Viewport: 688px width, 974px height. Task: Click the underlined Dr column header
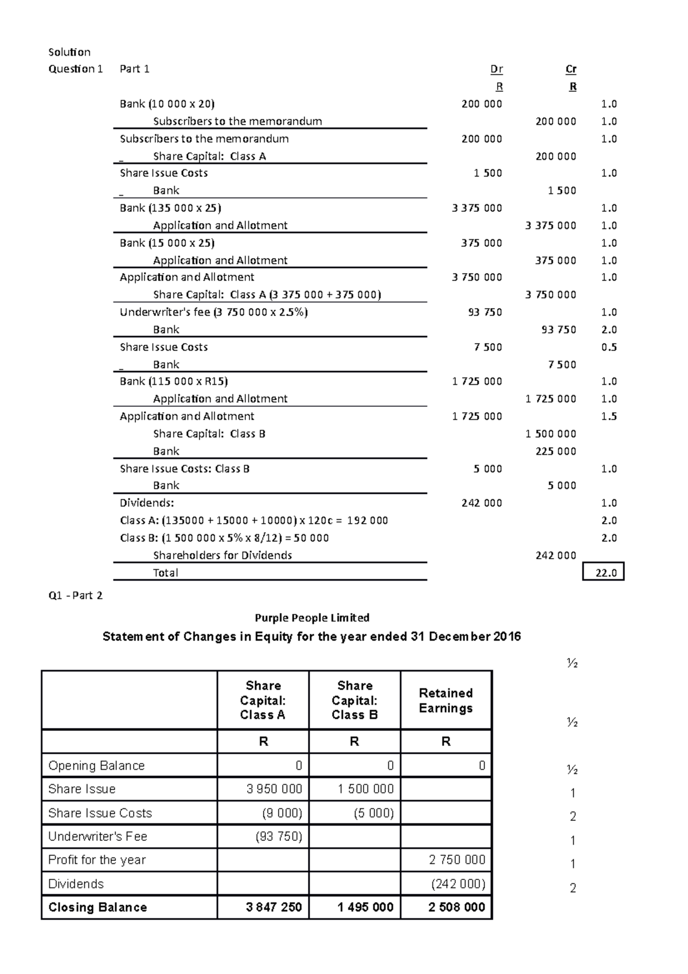[497, 69]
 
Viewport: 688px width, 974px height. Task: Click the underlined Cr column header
[571, 69]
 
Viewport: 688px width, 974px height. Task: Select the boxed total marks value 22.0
[603, 572]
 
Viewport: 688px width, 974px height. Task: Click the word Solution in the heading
[69, 52]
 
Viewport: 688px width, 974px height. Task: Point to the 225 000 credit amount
[556, 451]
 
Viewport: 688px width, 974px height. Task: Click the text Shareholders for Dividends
[222, 555]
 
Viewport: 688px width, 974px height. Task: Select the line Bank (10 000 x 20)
[167, 104]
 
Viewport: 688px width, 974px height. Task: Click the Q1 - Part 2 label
[76, 595]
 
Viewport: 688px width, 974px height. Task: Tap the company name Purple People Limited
[312, 618]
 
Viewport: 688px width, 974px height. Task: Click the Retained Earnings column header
[445, 700]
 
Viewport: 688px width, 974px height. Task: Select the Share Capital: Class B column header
[354, 700]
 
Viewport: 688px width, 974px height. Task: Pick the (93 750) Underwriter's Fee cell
[279, 836]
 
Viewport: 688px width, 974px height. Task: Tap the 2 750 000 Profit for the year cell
[457, 860]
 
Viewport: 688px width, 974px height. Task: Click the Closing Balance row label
[97, 907]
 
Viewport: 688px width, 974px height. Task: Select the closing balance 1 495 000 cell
[365, 907]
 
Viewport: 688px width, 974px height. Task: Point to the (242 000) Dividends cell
[458, 884]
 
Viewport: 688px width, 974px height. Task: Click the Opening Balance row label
[96, 766]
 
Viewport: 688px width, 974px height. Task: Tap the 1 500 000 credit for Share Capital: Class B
[550, 434]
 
